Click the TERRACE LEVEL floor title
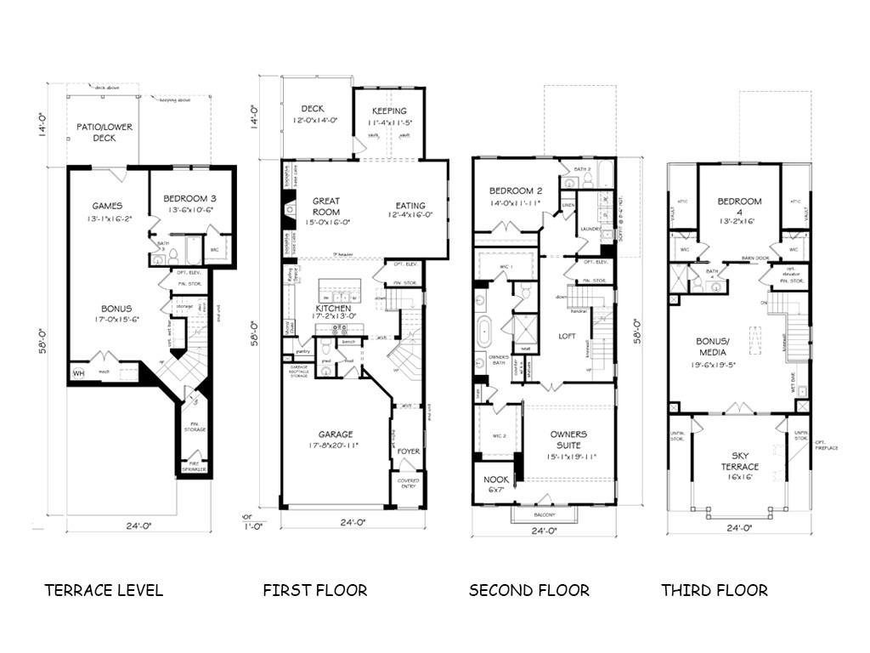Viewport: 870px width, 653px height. [x=104, y=590]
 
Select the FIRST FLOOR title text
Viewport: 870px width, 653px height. [x=315, y=590]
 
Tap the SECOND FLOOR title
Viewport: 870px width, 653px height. [x=528, y=590]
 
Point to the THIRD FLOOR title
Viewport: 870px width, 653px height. [x=715, y=590]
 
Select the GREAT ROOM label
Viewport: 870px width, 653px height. [x=325, y=207]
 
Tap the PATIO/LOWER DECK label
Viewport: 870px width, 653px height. [x=105, y=132]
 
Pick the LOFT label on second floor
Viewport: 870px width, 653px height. [x=566, y=336]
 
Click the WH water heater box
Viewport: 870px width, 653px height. [x=78, y=372]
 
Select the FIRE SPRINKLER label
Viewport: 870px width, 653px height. [x=195, y=467]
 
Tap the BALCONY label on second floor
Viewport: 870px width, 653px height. [x=544, y=515]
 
